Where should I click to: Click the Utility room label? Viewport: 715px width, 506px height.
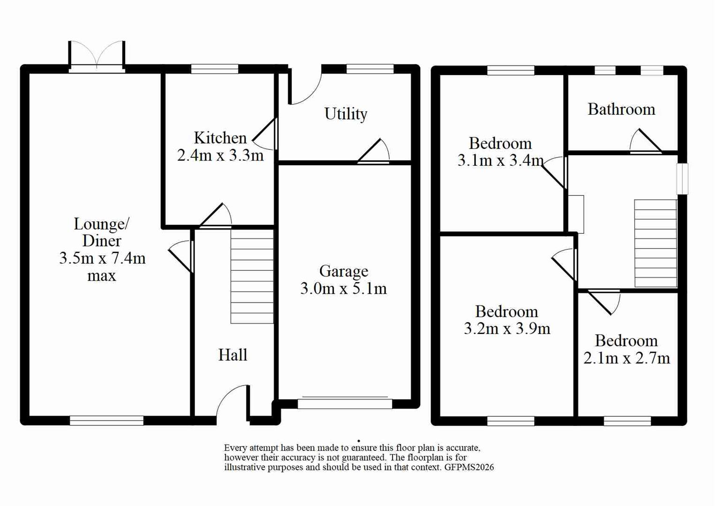click(x=346, y=114)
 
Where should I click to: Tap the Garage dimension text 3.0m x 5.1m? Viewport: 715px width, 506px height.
click(x=343, y=289)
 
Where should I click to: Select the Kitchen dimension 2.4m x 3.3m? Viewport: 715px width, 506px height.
click(x=220, y=156)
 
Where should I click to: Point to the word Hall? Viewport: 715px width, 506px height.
click(x=233, y=355)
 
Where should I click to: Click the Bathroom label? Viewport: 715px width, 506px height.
click(x=621, y=110)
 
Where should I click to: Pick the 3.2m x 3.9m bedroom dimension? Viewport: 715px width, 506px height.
click(x=507, y=328)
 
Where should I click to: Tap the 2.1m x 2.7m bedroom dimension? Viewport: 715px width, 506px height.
click(x=626, y=358)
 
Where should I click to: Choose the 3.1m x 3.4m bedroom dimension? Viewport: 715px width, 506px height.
click(x=500, y=160)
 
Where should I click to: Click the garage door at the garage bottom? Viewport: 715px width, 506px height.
click(x=345, y=403)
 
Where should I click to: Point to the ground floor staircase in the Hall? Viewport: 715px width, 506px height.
click(x=252, y=276)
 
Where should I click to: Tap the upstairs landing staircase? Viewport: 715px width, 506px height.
click(x=655, y=243)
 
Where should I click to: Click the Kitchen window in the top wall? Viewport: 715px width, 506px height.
click(x=215, y=69)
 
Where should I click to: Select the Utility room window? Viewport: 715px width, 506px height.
click(x=370, y=69)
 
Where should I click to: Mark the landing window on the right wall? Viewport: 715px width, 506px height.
click(x=683, y=179)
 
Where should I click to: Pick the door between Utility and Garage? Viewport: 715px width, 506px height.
click(x=373, y=152)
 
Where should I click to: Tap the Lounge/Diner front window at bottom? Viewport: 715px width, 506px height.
click(x=107, y=420)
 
